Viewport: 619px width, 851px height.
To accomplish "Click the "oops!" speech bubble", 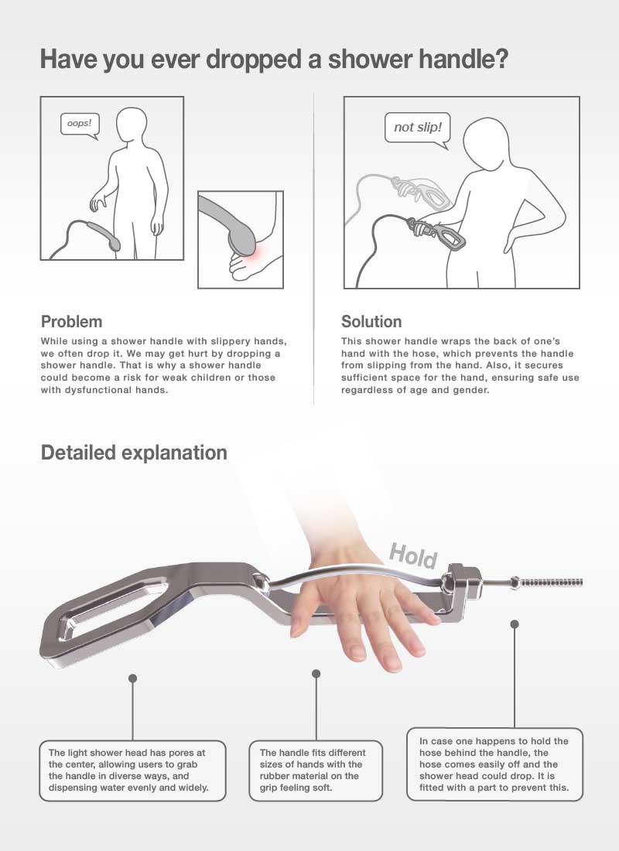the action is pyautogui.click(x=79, y=125).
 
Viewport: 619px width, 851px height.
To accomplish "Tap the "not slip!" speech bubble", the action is pyautogui.click(x=418, y=128).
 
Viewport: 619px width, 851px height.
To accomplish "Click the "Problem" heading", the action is pyautogui.click(x=72, y=321).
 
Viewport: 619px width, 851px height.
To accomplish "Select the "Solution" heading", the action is pyautogui.click(x=371, y=321).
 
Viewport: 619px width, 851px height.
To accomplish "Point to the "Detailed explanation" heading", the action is pyautogui.click(x=134, y=453).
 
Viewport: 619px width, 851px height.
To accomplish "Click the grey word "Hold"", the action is pyautogui.click(x=413, y=555).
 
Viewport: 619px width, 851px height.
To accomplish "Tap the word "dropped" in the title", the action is pyautogui.click(x=253, y=59).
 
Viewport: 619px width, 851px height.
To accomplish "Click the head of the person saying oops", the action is pyautogui.click(x=132, y=126).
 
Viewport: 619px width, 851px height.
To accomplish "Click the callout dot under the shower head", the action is pyautogui.click(x=132, y=678).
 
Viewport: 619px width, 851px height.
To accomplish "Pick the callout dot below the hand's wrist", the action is pyautogui.click(x=316, y=674).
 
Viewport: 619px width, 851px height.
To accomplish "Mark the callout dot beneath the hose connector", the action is pyautogui.click(x=515, y=624).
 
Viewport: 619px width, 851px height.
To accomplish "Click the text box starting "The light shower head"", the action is pyautogui.click(x=132, y=770).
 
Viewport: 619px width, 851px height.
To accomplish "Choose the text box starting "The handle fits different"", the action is pyautogui.click(x=316, y=770).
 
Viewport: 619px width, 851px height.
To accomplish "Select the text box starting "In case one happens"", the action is pyautogui.click(x=494, y=764).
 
